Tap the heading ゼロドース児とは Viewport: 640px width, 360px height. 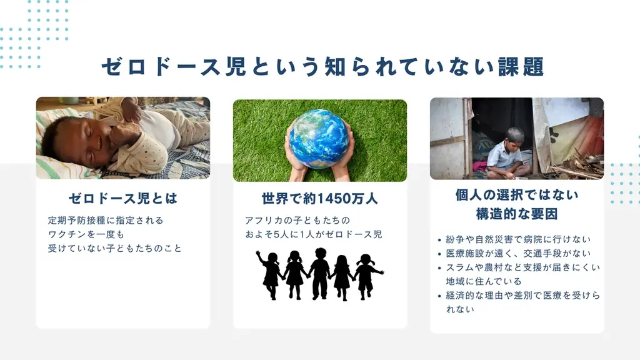tap(123, 199)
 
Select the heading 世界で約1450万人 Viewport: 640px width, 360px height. tap(320, 199)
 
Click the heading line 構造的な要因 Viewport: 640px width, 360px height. tap(517, 214)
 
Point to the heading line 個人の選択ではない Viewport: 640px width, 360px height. tap(517, 195)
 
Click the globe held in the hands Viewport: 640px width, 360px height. tap(319, 138)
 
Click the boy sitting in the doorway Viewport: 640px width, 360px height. tap(506, 156)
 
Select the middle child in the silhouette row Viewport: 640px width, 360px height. tap(319, 272)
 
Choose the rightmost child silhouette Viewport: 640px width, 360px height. tap(367, 275)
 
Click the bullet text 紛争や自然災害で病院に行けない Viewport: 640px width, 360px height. tap(518, 239)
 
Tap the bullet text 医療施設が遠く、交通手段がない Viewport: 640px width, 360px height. tap(518, 254)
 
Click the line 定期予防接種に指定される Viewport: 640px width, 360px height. tap(106, 221)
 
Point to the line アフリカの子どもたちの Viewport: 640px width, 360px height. tap(297, 221)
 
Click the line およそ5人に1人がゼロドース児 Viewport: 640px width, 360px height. tap(313, 234)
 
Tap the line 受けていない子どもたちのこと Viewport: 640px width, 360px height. tap(115, 248)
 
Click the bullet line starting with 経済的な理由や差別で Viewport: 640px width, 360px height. tap(522, 296)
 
